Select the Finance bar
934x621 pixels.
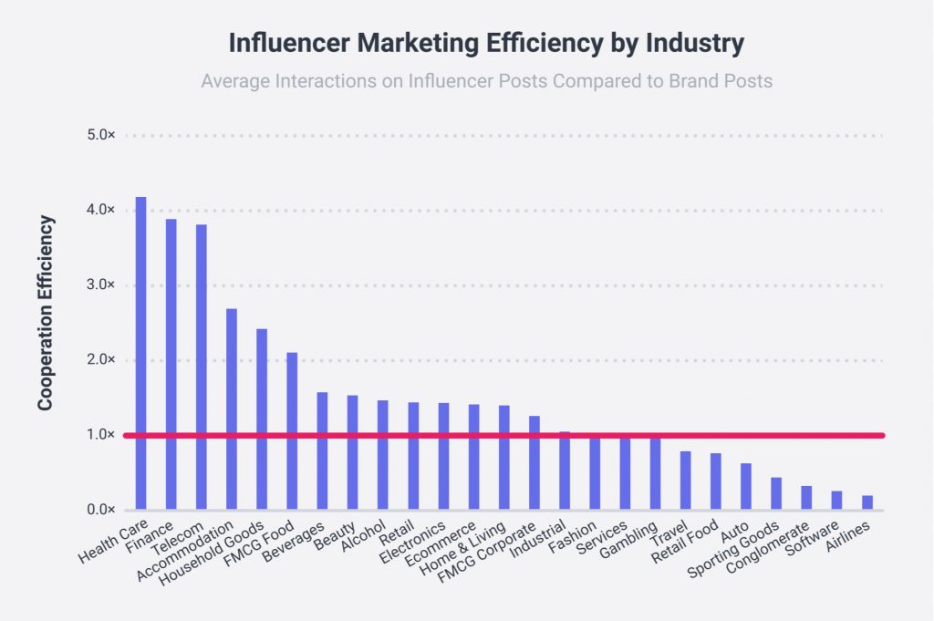coord(171,364)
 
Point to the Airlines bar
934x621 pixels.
coord(867,502)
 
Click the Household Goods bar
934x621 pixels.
coord(262,419)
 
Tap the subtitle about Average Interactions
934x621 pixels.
coord(486,81)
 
